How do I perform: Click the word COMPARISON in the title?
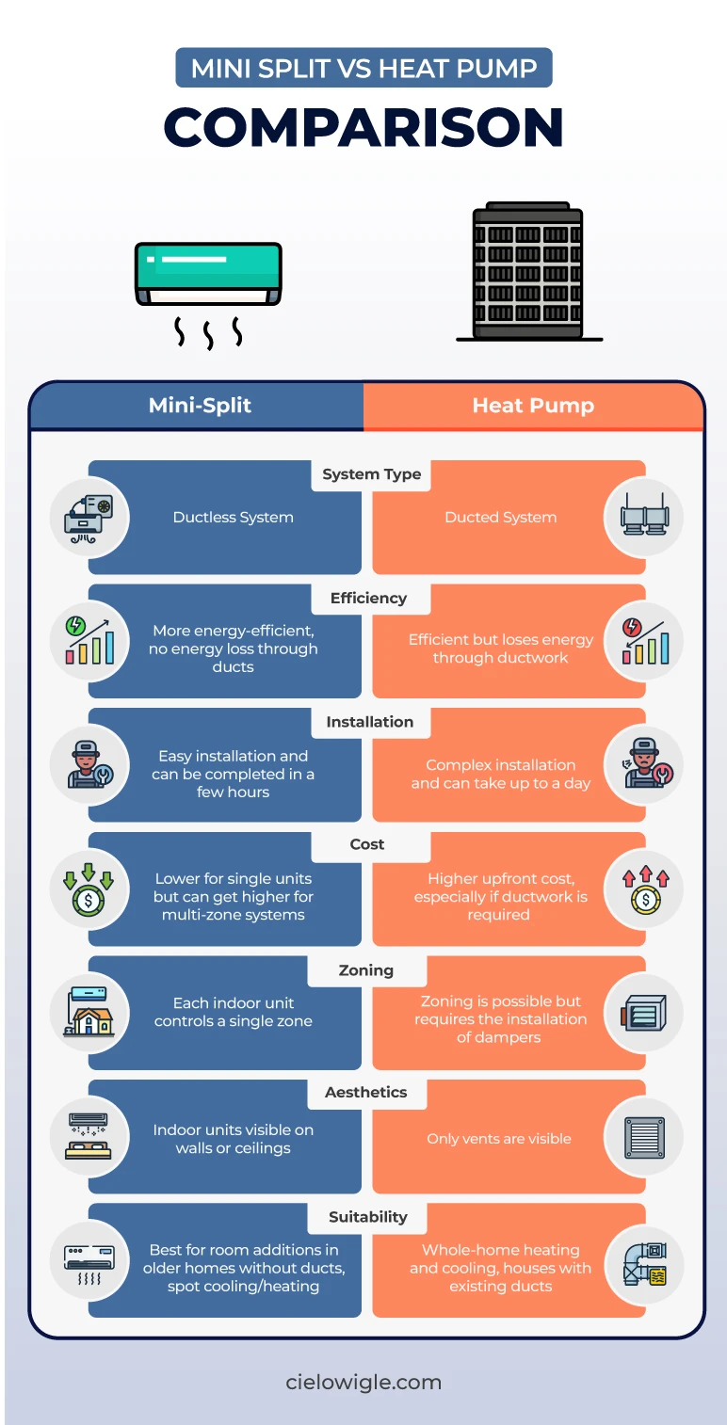click(363, 127)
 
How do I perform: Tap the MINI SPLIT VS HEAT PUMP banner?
click(363, 68)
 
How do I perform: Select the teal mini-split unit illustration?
click(208, 273)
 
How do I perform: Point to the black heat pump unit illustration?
click(528, 273)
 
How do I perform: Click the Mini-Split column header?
click(200, 407)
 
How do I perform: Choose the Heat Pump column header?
click(533, 407)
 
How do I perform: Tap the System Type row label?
click(371, 474)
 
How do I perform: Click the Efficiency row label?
click(368, 599)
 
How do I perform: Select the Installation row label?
click(369, 722)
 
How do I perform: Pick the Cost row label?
click(367, 845)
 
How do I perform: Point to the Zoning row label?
click(366, 970)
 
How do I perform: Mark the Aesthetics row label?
click(366, 1093)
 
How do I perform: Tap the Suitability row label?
click(367, 1217)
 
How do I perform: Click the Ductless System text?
click(233, 518)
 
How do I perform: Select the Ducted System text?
click(500, 518)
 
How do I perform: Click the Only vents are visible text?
click(499, 1139)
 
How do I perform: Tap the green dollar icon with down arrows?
click(89, 889)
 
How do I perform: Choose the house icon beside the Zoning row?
click(89, 1013)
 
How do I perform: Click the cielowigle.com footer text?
click(363, 1383)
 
